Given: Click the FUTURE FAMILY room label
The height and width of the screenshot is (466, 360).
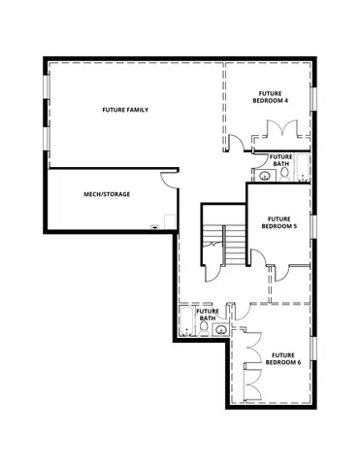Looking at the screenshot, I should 125,110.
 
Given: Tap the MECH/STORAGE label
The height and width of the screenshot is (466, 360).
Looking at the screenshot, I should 108,194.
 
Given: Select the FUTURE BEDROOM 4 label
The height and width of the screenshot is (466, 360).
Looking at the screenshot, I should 269,96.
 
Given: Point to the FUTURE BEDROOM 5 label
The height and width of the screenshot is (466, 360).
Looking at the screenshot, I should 279,222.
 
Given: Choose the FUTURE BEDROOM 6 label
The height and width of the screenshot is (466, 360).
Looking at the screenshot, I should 285,359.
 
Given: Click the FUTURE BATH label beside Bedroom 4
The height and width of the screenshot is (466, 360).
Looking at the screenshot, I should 281,160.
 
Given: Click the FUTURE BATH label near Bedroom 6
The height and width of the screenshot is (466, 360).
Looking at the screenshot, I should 208,315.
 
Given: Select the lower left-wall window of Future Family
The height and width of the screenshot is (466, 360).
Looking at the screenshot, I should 46,137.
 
